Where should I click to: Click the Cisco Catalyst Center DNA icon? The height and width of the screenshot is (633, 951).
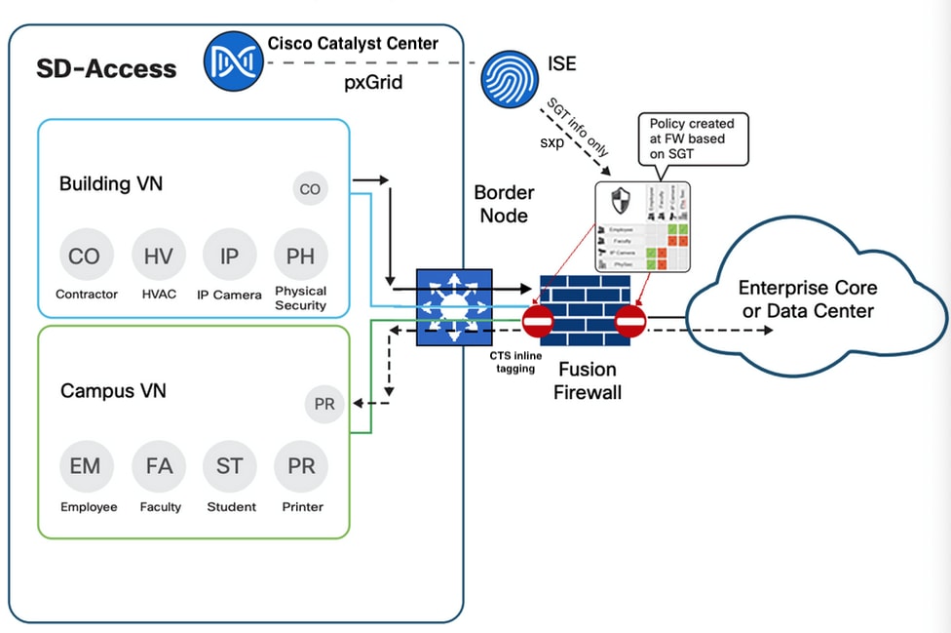pos(234,60)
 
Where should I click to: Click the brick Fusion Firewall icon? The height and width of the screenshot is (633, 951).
pos(584,304)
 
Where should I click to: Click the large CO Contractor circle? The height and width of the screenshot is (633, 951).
pos(86,257)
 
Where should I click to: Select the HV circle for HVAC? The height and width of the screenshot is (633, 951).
pos(158,257)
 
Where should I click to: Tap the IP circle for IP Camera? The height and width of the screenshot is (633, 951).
pos(229,257)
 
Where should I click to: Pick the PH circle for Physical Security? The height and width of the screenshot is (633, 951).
pos(301,257)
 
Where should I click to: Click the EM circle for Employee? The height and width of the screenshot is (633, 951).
pos(86,466)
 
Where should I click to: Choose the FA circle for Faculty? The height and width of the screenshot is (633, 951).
pos(158,466)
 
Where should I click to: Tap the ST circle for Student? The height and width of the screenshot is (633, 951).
pos(229,466)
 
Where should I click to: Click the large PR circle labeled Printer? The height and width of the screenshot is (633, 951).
pos(301,466)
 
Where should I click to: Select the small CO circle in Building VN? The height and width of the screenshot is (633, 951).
pos(310,189)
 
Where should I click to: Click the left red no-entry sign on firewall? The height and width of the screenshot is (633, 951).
pos(538,321)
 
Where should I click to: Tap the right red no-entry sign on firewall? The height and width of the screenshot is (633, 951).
pos(630,321)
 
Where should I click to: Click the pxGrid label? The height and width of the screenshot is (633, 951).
pos(373,83)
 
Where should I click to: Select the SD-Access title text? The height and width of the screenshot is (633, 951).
pos(107,68)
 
